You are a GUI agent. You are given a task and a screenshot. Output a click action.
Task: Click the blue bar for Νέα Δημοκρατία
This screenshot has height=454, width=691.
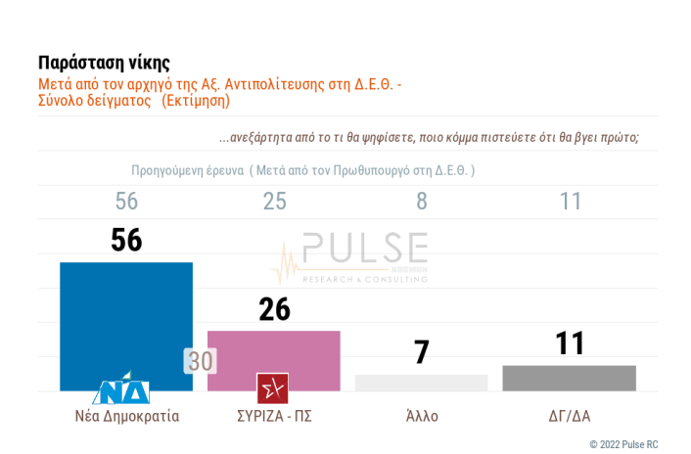click(126, 318)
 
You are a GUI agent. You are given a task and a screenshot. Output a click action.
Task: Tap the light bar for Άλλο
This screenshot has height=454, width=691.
click(421, 383)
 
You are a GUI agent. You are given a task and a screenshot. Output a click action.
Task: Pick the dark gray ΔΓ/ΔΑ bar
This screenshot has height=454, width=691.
click(569, 378)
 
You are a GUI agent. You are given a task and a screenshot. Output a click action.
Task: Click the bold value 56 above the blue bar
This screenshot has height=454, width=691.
click(126, 241)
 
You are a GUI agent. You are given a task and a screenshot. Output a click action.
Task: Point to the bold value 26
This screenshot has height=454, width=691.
click(274, 309)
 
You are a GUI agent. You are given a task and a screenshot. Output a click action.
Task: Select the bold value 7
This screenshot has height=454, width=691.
click(421, 352)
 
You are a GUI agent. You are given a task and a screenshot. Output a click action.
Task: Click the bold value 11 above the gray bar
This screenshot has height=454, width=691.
click(570, 343)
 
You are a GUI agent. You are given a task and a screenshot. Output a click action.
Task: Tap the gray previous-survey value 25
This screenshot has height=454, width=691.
click(274, 201)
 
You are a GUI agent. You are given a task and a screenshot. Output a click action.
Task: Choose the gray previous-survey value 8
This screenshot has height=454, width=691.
click(422, 201)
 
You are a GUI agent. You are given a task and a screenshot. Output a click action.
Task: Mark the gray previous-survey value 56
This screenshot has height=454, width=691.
click(126, 201)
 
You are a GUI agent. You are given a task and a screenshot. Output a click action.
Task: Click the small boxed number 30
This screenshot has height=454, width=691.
click(201, 361)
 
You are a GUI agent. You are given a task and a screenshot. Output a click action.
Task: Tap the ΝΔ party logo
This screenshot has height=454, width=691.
click(121, 389)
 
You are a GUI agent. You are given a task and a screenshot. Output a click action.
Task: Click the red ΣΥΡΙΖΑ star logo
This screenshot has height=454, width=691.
click(272, 388)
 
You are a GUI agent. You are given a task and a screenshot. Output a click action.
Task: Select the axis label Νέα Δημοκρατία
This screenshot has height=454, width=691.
click(127, 416)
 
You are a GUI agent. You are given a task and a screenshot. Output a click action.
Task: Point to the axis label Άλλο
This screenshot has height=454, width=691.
click(422, 416)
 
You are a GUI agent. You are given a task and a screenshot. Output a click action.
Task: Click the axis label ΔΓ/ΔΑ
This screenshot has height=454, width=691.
click(570, 416)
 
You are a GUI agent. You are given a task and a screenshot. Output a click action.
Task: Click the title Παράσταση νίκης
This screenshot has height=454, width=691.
click(104, 64)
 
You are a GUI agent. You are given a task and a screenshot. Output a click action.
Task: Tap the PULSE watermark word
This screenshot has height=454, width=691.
click(364, 250)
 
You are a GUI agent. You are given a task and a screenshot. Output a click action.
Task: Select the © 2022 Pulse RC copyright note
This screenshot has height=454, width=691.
click(623, 444)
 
